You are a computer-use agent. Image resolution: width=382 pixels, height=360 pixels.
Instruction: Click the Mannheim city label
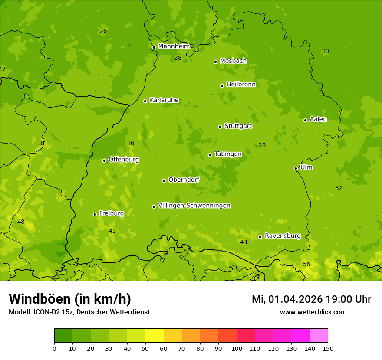click(x=174, y=46)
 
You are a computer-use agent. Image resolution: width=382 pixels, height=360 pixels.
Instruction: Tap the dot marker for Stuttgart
click(x=220, y=127)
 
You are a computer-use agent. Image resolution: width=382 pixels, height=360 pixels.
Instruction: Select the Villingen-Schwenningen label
click(x=194, y=206)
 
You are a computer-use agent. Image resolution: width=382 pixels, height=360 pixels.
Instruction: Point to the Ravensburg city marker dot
click(x=260, y=237)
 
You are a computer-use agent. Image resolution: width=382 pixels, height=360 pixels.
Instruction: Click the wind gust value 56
click(x=306, y=265)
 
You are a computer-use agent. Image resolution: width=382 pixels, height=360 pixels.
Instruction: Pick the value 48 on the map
click(x=21, y=222)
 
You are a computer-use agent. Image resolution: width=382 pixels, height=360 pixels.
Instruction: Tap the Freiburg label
click(x=111, y=213)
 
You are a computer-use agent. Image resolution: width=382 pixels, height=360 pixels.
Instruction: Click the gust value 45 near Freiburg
click(x=112, y=231)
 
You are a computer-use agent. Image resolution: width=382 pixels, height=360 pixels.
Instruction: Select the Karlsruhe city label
click(x=164, y=100)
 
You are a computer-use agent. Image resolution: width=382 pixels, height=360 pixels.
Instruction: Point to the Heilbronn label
click(x=241, y=85)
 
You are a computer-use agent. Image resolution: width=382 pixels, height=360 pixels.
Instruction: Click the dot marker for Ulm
click(x=296, y=168)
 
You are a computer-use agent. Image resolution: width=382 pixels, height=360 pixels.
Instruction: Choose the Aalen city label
click(x=318, y=119)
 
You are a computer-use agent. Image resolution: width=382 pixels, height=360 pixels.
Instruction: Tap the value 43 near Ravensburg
click(x=244, y=242)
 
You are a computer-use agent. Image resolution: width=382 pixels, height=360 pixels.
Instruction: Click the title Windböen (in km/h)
click(x=70, y=299)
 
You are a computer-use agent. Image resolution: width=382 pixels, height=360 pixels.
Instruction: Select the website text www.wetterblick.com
click(x=313, y=312)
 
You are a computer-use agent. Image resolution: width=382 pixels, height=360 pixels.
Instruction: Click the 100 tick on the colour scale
click(x=237, y=348)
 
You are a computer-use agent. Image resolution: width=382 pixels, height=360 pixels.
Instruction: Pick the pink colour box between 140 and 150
click(x=319, y=336)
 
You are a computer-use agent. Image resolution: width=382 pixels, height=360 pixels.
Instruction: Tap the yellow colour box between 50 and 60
click(x=155, y=336)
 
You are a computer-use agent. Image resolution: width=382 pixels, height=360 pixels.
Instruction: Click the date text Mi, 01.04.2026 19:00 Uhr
click(x=311, y=299)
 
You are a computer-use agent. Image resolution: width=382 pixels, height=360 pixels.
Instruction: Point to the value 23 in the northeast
click(x=326, y=52)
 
